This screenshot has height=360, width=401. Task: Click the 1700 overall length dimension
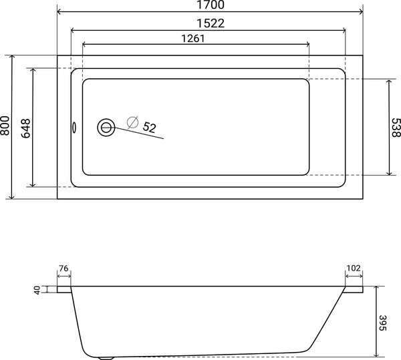(210, 5)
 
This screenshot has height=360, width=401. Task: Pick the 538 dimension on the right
(395, 127)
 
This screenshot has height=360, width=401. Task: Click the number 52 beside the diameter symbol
(149, 127)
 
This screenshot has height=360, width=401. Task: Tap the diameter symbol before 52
(132, 122)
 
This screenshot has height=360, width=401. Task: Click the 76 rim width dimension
(63, 269)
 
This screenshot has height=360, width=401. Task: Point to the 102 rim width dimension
(354, 269)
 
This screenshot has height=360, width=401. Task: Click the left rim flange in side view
(64, 290)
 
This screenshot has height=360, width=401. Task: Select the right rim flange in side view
(354, 290)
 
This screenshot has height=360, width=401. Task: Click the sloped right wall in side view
(327, 321)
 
